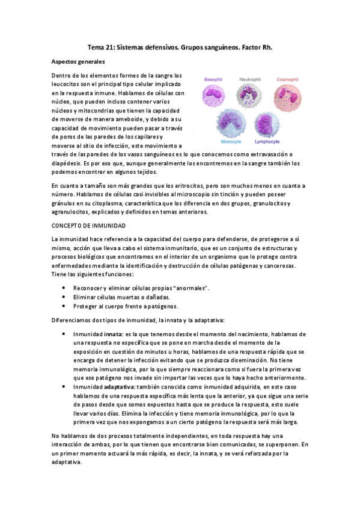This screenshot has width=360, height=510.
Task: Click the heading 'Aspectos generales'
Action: click(x=78, y=62)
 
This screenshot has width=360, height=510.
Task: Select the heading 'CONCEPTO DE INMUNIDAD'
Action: click(x=88, y=225)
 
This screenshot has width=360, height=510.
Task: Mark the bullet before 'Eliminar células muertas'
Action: click(x=64, y=297)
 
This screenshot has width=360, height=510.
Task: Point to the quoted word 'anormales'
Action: click(x=185, y=289)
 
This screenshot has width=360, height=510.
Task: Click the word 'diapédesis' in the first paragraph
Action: click(x=66, y=164)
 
